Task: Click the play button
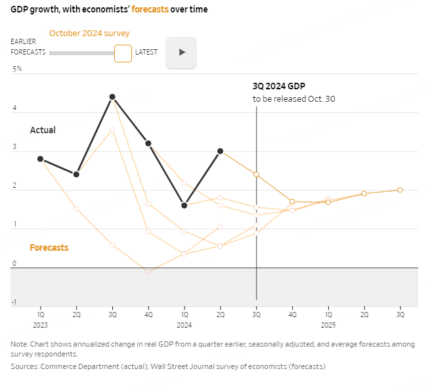click(x=182, y=52)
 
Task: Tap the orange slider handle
click(x=123, y=53)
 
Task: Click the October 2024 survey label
click(x=89, y=33)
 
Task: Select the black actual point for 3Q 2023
click(x=112, y=97)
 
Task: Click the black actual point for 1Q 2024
click(x=184, y=206)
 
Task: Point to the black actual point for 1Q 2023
click(x=41, y=159)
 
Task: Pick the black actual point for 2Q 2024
click(x=220, y=151)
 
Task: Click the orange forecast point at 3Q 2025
click(x=400, y=190)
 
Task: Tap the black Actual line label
click(x=43, y=130)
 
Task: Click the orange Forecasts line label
click(x=49, y=248)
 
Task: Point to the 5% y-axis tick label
click(x=17, y=68)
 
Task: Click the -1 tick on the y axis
click(x=14, y=303)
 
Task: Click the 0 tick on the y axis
click(x=14, y=264)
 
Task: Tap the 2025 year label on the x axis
click(x=328, y=324)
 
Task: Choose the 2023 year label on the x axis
click(x=41, y=324)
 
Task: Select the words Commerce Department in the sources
click(x=74, y=366)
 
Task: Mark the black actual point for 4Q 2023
click(x=148, y=143)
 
